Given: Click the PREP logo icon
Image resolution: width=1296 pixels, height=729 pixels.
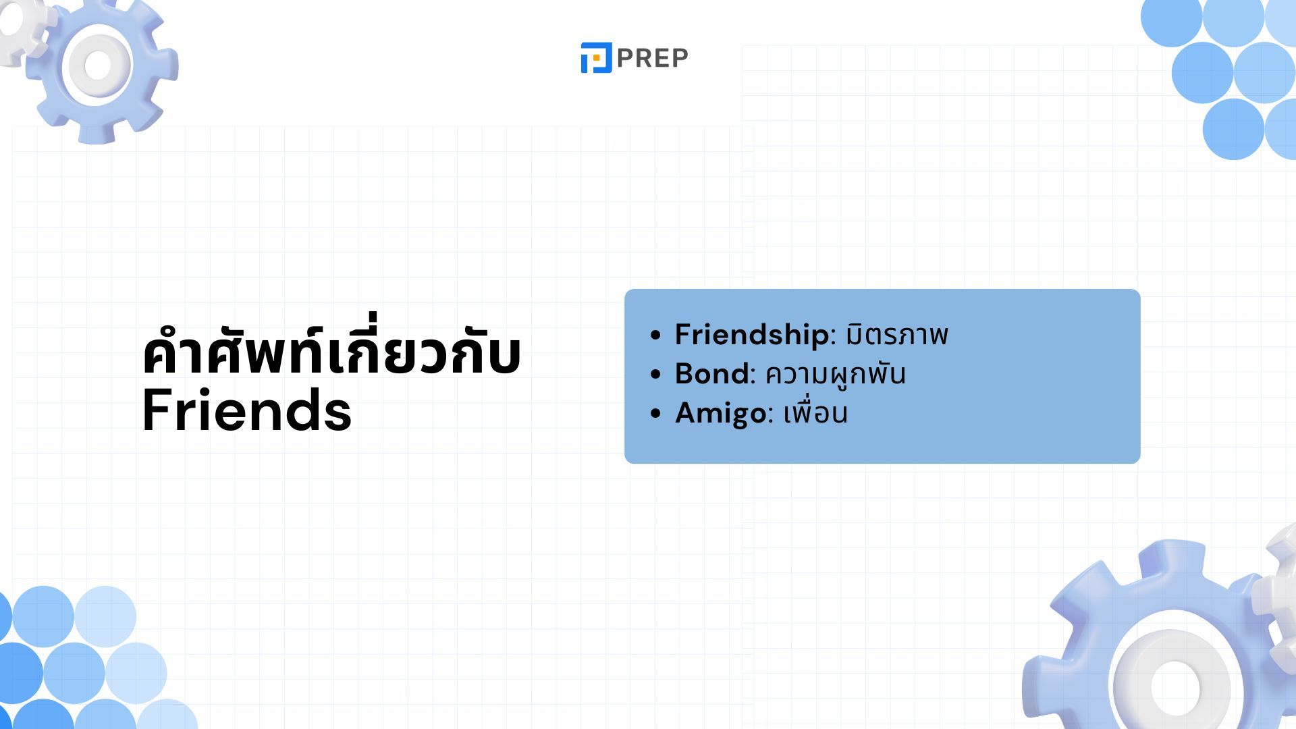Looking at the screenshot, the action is point(596,57).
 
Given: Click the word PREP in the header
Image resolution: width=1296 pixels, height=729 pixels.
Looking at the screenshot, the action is point(652,58).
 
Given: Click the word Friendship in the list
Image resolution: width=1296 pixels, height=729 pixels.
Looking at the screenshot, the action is point(751,335).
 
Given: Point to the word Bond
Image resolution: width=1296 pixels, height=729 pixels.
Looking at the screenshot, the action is point(711,373).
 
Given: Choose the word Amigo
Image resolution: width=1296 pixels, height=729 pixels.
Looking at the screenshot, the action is point(720,413).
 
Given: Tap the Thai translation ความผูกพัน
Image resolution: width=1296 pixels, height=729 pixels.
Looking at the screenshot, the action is point(835,373).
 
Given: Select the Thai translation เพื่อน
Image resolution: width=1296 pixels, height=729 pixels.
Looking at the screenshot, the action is point(815,412).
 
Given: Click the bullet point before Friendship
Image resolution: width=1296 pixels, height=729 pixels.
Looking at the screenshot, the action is point(655,335).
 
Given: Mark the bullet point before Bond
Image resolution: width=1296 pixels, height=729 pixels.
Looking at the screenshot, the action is point(655,375).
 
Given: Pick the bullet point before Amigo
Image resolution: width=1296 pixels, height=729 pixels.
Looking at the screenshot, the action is point(655,414).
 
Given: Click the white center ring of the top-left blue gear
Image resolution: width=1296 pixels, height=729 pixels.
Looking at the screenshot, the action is point(76,65).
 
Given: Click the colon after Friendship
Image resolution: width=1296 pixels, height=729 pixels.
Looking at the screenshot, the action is point(833,337).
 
